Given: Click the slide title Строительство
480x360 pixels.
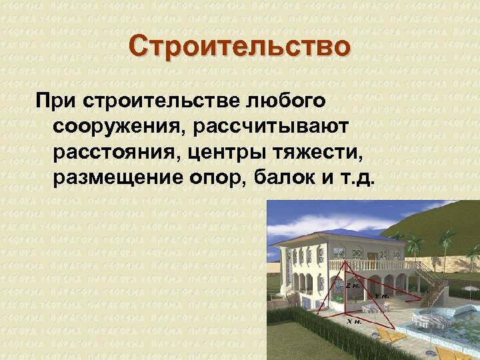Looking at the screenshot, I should pyautogui.click(x=239, y=48).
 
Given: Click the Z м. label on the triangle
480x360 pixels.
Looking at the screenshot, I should pyautogui.click(x=353, y=285).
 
